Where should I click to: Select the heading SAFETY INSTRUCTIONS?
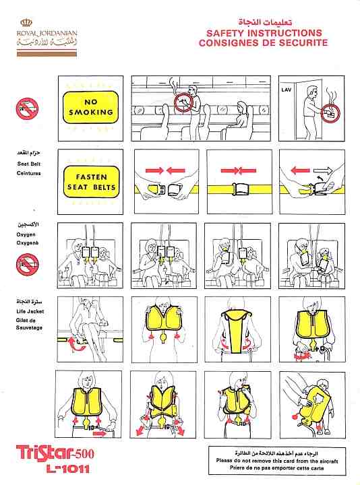264,33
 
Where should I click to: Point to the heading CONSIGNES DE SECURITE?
263,43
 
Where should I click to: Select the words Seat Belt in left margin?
28,164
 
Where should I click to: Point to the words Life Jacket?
29,313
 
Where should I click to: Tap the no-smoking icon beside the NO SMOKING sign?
28,108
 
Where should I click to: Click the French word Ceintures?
28,172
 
